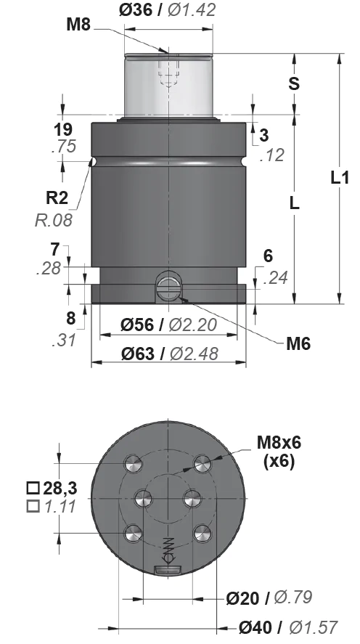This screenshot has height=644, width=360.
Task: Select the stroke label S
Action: click(294, 83)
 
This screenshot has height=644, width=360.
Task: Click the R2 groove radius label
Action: click(57, 197)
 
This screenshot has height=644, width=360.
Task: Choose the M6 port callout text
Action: click(298, 343)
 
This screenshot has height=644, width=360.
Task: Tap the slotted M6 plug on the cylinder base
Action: click(168, 285)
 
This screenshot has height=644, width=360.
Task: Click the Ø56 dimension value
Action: click(136, 325)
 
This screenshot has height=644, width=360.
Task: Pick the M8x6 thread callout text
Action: click(279, 443)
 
